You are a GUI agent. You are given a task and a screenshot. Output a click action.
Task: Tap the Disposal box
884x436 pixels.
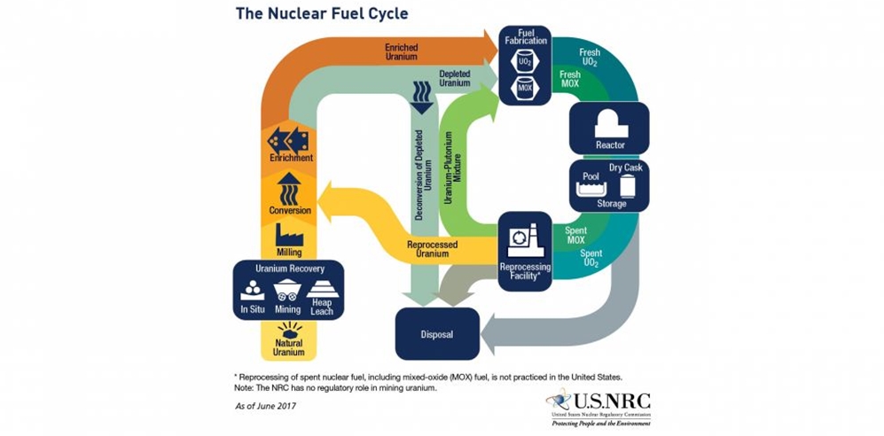click(x=436, y=335)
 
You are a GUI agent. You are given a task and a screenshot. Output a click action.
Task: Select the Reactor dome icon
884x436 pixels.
click(x=610, y=121)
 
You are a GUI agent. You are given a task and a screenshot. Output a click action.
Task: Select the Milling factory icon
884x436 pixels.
click(x=290, y=234)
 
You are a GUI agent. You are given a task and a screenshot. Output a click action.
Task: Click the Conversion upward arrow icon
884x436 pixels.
click(x=290, y=189)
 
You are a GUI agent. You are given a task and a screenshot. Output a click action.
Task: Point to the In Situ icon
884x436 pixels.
click(x=252, y=289)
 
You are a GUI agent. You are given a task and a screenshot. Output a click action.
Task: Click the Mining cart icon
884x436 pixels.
click(x=287, y=289)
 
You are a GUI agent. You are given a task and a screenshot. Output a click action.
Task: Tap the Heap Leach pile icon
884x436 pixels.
click(x=323, y=287)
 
